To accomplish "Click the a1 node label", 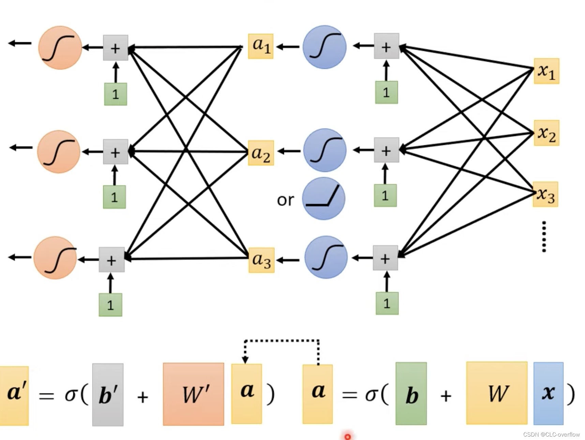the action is (x=261, y=46).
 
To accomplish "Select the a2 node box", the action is (x=261, y=153).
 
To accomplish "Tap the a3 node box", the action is (x=261, y=260).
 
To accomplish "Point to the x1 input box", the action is (x=546, y=71).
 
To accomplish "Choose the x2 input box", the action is (x=546, y=133).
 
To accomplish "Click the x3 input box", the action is (x=545, y=195).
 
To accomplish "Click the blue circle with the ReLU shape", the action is (x=324, y=198).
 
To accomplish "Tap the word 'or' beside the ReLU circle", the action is (x=285, y=200).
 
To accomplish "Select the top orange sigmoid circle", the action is (x=60, y=48).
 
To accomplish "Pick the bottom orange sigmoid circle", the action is (x=55, y=258).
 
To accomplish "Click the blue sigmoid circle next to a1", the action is (x=325, y=47).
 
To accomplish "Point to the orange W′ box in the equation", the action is (x=193, y=394).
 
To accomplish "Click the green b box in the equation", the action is (x=411, y=394).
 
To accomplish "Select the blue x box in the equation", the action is (x=548, y=393).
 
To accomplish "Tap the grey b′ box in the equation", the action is (x=108, y=395).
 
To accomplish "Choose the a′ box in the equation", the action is (x=14, y=396).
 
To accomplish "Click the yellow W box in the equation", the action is (x=497, y=393).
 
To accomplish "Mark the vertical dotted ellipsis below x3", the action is (x=544, y=237).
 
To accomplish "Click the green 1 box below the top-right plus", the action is (x=386, y=92).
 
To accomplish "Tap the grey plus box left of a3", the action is (x=111, y=260).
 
